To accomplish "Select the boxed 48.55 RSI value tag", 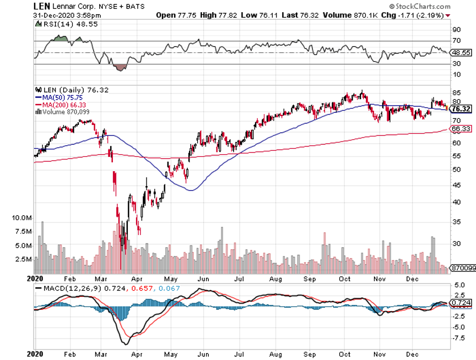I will [x=460, y=53].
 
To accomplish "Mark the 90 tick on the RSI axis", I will [x=456, y=29].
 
